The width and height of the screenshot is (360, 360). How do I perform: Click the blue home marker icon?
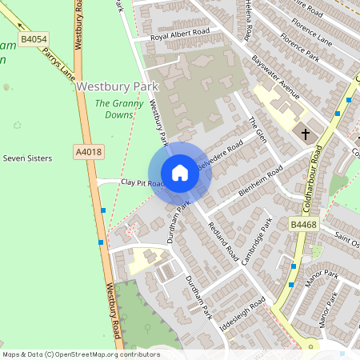click(180, 173)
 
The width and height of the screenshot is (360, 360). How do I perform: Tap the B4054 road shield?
click(34, 38)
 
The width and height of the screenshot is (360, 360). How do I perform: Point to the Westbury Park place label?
click(118, 86)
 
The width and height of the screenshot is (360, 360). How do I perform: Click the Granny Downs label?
click(119, 109)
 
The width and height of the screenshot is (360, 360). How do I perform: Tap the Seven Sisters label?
click(27, 158)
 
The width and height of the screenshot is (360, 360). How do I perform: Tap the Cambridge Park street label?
click(258, 234)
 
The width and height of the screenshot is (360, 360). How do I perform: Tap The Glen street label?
click(256, 128)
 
